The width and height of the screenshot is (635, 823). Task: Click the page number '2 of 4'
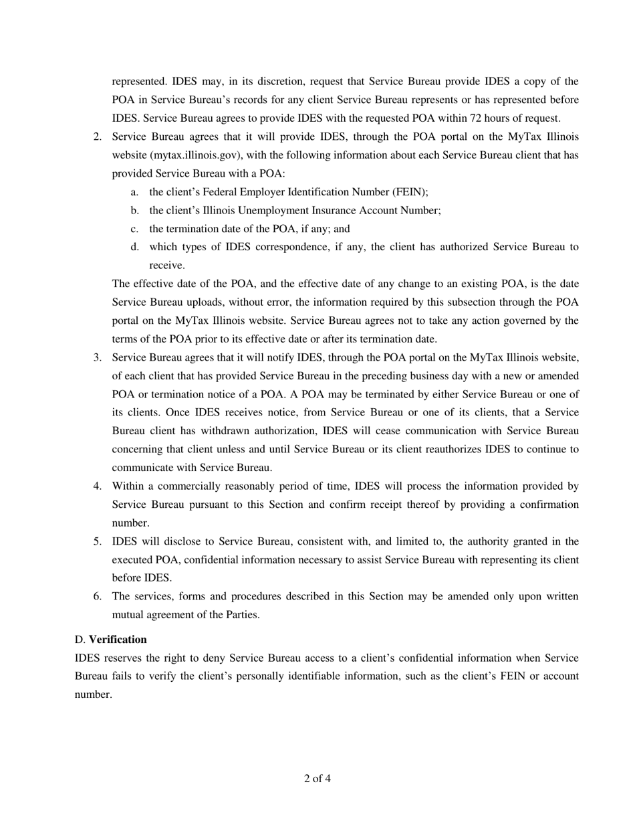coord(317,778)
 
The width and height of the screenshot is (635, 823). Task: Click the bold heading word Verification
coord(118,640)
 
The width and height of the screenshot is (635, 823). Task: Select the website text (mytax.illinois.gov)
coord(190,155)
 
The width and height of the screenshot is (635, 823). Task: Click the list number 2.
coord(98,137)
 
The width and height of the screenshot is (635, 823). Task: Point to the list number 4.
coord(98,486)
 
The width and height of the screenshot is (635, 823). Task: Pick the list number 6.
coord(98,596)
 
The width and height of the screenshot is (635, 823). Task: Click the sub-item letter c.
coord(134,229)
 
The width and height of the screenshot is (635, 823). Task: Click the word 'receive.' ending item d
coord(166,266)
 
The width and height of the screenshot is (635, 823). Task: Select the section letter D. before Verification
coord(80,640)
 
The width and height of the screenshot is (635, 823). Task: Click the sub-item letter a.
coord(134,192)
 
